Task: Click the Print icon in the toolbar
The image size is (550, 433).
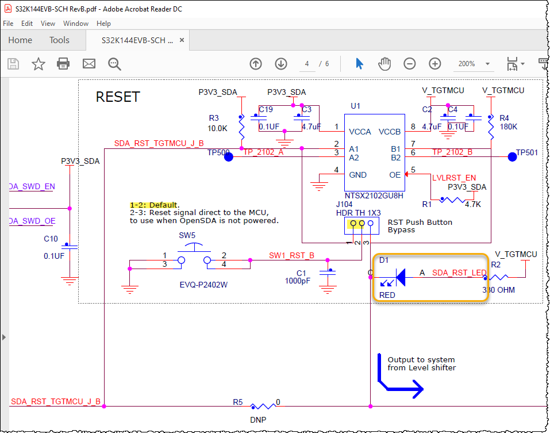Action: click(x=63, y=63)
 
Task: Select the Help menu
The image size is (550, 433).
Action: click(x=103, y=24)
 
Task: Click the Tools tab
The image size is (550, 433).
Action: click(x=59, y=40)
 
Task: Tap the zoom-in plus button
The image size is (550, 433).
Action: click(x=435, y=63)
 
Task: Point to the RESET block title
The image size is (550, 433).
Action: click(x=117, y=97)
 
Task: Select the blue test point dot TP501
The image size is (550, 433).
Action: click(x=512, y=156)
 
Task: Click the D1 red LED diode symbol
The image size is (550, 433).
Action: click(x=402, y=278)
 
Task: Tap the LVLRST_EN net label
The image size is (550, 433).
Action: click(x=453, y=178)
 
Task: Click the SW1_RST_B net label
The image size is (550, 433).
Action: click(x=291, y=255)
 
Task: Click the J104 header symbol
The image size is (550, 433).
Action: click(x=357, y=224)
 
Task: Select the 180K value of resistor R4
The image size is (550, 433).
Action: click(x=509, y=127)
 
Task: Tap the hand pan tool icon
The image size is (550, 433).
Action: click(x=384, y=63)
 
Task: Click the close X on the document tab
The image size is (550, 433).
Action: click(x=182, y=41)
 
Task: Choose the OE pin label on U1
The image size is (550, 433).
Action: click(x=395, y=175)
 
